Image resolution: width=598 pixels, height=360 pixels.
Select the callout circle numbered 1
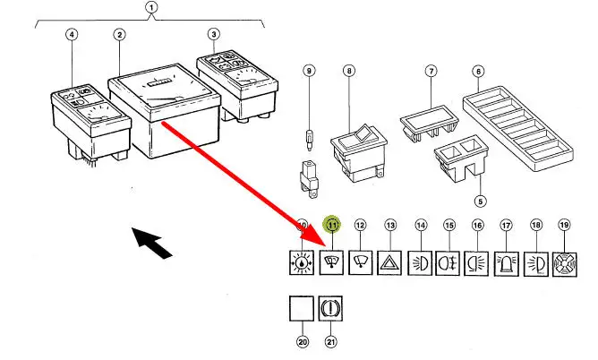(151, 10)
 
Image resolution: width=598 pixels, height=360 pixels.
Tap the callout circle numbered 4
(73, 35)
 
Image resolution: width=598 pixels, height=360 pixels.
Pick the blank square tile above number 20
(302, 310)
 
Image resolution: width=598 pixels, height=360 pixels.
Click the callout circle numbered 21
(331, 341)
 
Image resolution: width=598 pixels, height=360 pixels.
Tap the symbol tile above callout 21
(331, 310)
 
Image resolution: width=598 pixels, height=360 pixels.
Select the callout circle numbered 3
(213, 35)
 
